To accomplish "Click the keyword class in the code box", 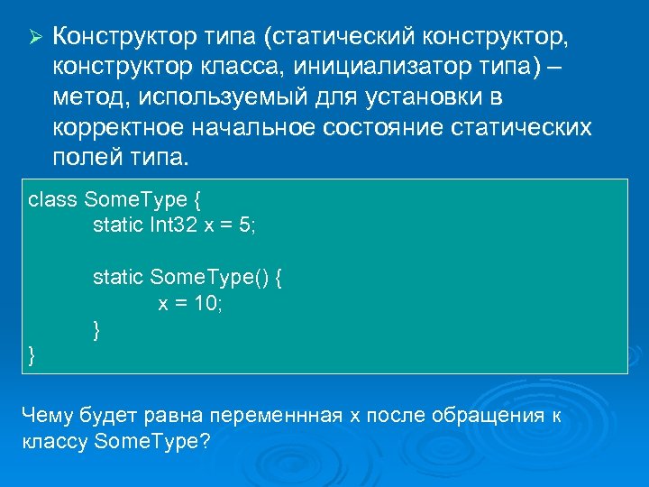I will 53,198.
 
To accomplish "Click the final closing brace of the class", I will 33,355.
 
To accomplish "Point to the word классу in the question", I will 52,443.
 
